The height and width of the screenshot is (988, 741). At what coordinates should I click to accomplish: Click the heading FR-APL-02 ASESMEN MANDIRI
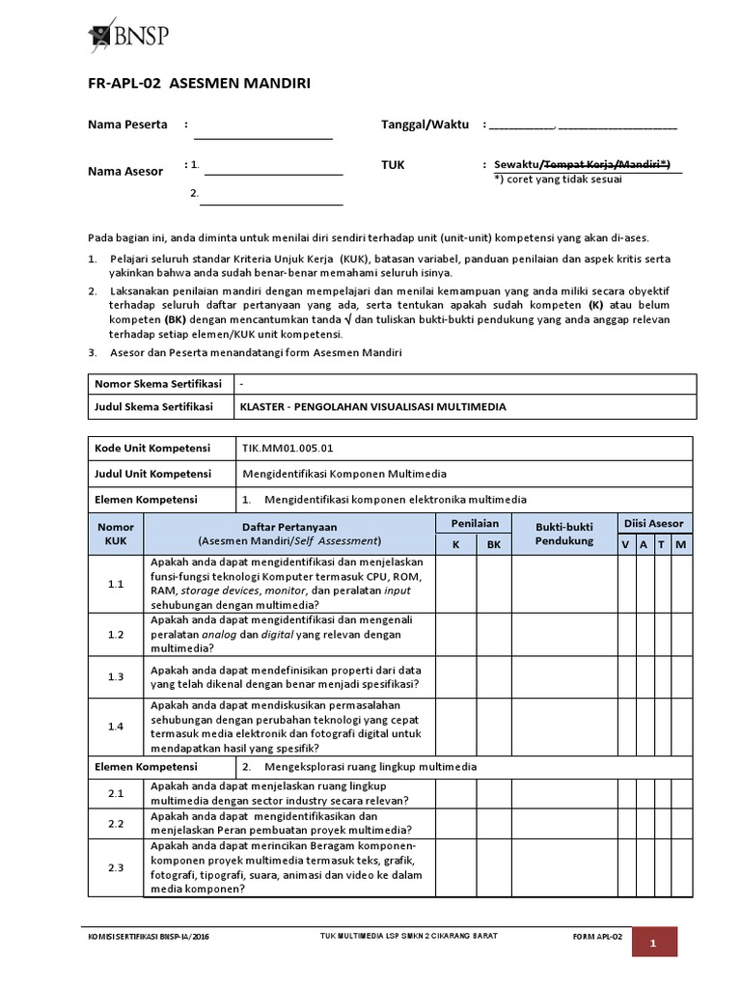200,84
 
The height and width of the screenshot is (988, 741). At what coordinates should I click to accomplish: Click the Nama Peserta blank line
262,129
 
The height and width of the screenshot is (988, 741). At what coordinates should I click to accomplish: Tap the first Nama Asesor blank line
273,166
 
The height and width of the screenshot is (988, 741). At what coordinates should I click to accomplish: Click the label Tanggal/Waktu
425,124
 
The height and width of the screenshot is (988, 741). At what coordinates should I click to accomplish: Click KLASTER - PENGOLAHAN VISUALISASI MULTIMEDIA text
372,407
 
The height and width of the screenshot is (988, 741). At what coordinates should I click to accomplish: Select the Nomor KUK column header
116,534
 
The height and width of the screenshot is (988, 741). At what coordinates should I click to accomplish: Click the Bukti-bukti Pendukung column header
564,534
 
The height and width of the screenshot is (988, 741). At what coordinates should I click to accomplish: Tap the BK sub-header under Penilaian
494,544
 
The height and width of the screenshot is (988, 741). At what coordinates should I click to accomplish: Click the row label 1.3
116,677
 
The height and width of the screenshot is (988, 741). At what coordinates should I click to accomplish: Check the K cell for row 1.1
456,584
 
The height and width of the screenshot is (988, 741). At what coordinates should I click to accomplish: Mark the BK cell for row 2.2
494,823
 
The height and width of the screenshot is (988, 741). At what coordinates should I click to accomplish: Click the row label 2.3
116,867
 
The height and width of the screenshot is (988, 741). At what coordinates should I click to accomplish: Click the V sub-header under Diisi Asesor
625,544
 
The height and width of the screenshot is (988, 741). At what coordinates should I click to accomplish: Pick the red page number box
653,943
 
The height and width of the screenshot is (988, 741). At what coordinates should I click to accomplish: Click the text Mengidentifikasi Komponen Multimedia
343,474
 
